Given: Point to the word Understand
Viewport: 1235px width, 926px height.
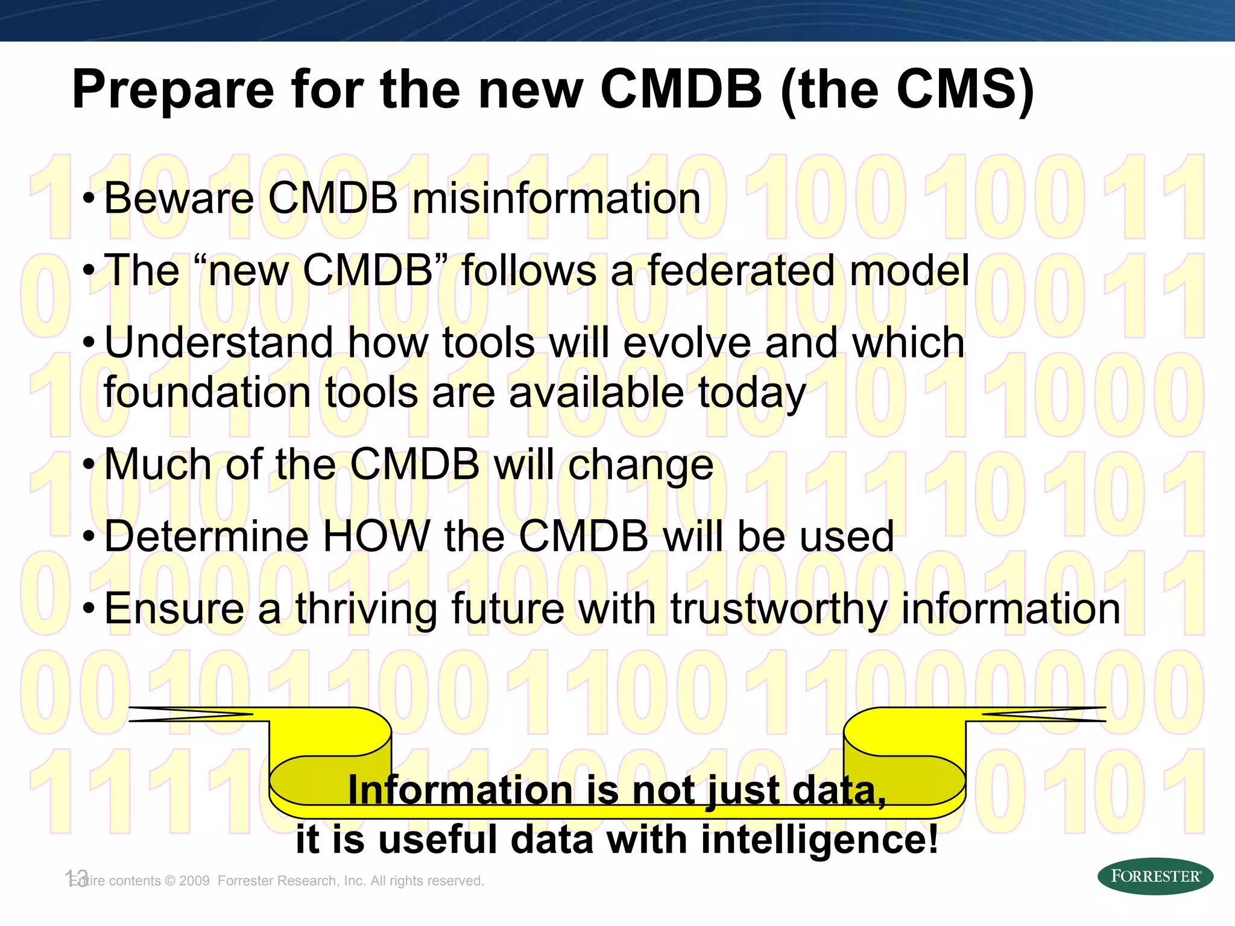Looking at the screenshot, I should tap(218, 342).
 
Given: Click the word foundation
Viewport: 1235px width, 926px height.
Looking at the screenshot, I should tap(207, 392).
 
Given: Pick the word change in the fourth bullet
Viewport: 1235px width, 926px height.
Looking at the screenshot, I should tap(640, 464).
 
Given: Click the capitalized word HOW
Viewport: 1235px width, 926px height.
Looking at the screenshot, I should tap(376, 536).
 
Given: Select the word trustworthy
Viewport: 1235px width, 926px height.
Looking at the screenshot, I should tap(779, 609).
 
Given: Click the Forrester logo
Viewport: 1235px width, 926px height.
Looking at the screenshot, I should tap(1155, 876).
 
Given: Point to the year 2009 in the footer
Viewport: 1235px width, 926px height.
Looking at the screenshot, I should tap(194, 881).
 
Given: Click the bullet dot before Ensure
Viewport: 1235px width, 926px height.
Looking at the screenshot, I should tap(89, 609).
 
